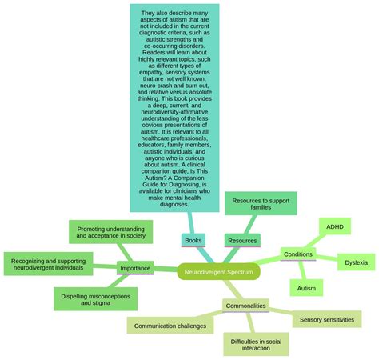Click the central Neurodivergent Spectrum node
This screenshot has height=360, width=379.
point(218,272)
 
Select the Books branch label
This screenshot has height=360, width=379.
point(193,240)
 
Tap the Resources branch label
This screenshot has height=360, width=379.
point(242,240)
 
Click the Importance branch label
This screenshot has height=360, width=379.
point(135,268)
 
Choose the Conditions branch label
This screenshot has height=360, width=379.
point(298,254)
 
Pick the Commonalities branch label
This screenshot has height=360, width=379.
point(245,306)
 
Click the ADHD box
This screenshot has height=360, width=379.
point(334,226)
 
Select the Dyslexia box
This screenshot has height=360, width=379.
point(357,262)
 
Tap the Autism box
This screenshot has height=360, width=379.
point(306,287)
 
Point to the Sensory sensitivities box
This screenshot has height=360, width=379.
point(326,319)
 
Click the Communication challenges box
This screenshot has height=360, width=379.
point(170,326)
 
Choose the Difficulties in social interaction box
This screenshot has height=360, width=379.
point(256,343)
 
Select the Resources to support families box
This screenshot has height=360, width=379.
point(261,203)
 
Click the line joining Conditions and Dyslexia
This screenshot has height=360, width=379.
point(326,258)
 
